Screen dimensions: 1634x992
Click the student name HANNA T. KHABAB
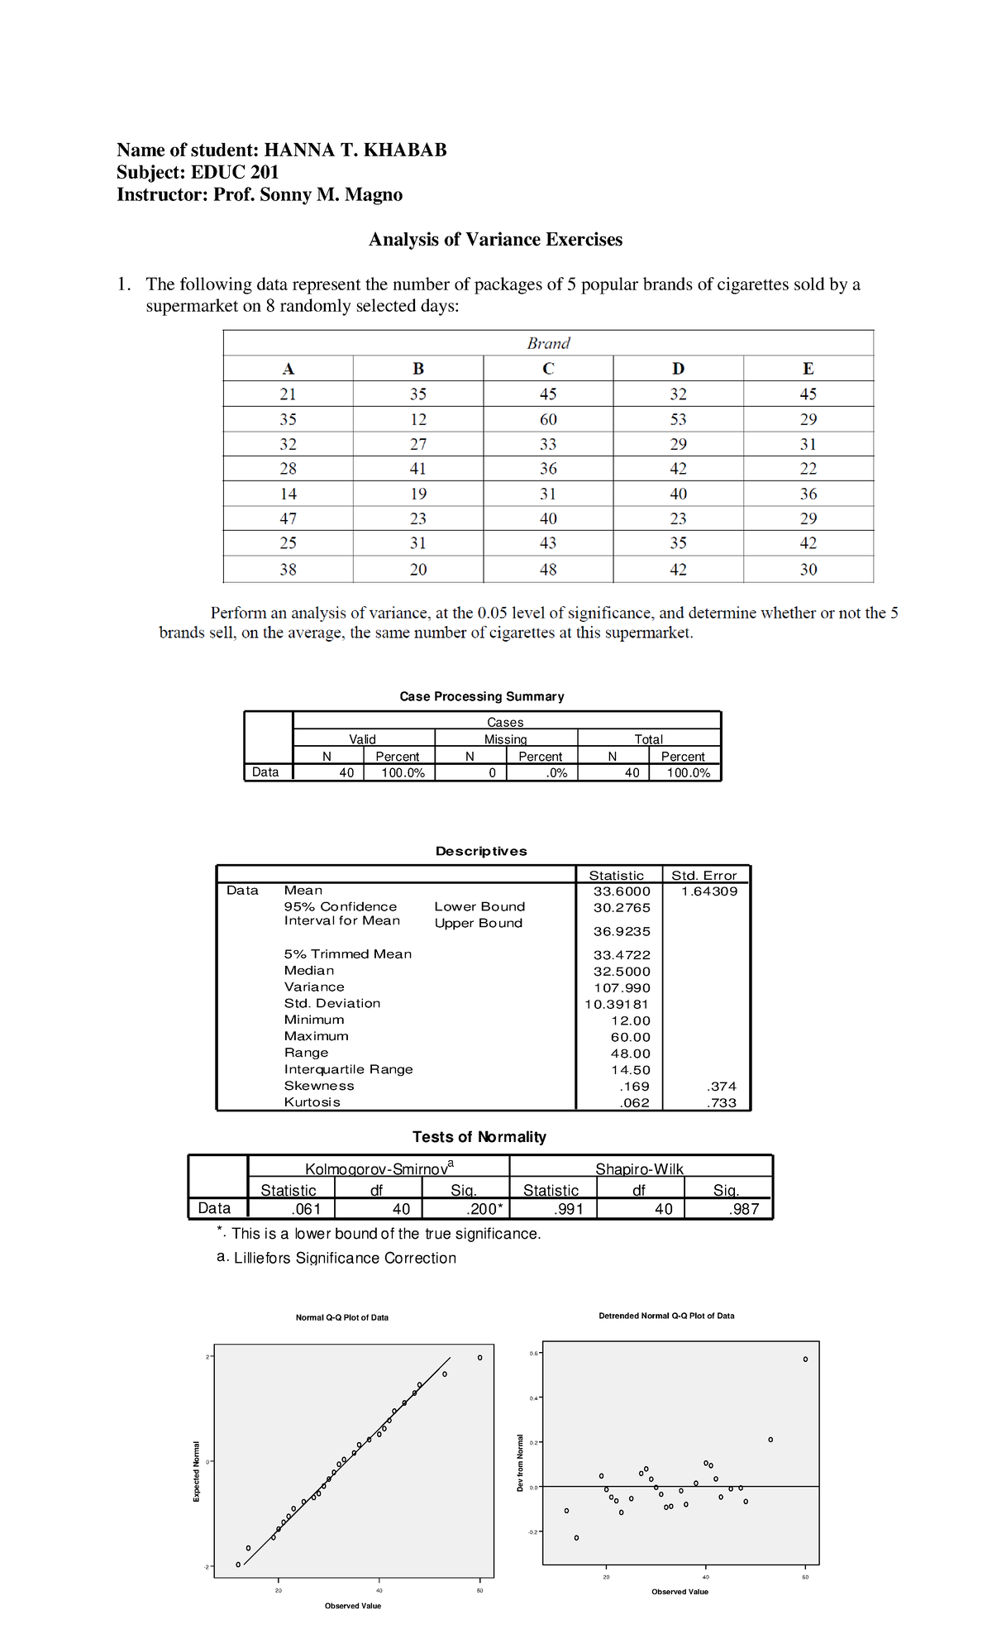pos(355,150)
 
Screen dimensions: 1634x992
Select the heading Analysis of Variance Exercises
pos(495,240)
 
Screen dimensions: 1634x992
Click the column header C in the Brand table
pos(548,369)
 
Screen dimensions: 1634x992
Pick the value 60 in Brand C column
pos(548,419)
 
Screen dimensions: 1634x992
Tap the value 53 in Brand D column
pos(678,419)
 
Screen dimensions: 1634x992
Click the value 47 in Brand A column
pos(288,518)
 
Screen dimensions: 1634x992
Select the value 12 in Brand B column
pos(418,419)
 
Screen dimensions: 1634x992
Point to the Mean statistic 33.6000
pos(622,891)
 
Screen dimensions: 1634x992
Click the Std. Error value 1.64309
pos(708,891)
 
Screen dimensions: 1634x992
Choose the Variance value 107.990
pos(622,988)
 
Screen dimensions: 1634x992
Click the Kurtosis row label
pos(312,1102)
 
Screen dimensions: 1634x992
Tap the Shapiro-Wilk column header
pos(639,1168)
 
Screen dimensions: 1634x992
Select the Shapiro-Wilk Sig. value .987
pos(744,1209)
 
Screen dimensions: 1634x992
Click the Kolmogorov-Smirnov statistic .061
pos(306,1209)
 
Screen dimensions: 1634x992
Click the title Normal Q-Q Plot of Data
pos(341,1317)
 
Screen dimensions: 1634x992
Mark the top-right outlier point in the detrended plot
pos(805,1359)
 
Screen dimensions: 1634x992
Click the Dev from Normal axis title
pos(520,1463)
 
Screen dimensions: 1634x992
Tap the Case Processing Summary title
pos(482,697)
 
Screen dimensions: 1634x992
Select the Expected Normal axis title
pos(196,1471)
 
